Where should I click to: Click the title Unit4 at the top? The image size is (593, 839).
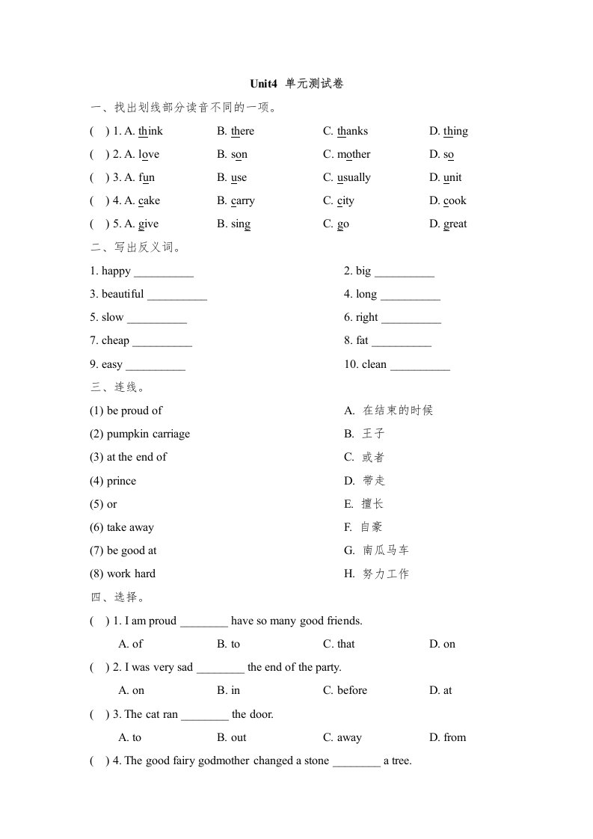coord(265,84)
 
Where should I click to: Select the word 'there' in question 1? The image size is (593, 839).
coord(242,132)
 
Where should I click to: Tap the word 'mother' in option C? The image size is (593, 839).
coord(354,155)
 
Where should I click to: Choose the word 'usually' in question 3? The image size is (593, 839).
coord(354,178)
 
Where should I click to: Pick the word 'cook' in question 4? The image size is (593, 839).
coord(455,201)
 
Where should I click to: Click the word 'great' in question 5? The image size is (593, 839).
coord(455,224)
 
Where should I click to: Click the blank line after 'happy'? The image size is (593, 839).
coord(164,272)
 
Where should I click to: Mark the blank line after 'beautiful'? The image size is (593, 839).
coord(177,295)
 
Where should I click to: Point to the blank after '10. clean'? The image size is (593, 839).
coord(420,366)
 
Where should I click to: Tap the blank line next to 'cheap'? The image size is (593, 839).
coord(162,342)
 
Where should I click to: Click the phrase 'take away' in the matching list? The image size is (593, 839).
coord(130,528)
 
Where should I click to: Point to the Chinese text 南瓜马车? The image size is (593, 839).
coord(386,551)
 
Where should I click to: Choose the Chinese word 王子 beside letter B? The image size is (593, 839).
coord(373,434)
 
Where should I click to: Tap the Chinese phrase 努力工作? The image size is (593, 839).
coord(386,574)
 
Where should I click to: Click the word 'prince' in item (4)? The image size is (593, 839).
coord(121,482)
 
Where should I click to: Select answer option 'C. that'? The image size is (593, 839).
coord(339,645)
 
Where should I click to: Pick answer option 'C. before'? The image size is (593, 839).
coord(345,691)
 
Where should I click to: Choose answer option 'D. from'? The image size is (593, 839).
coord(447,738)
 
